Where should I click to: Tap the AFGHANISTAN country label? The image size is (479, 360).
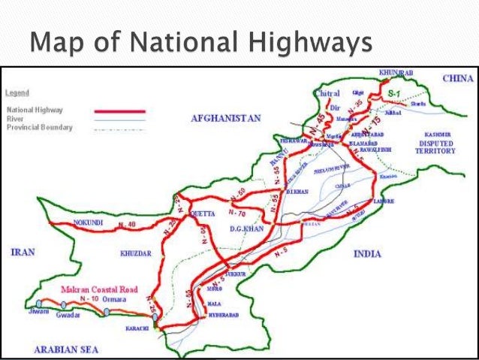225,118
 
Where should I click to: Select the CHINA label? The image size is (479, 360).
459,77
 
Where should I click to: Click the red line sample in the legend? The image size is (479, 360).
119,110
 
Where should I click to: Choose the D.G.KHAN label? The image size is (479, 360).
248,228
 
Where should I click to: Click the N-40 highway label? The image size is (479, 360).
128,223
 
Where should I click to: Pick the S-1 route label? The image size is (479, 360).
393,91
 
